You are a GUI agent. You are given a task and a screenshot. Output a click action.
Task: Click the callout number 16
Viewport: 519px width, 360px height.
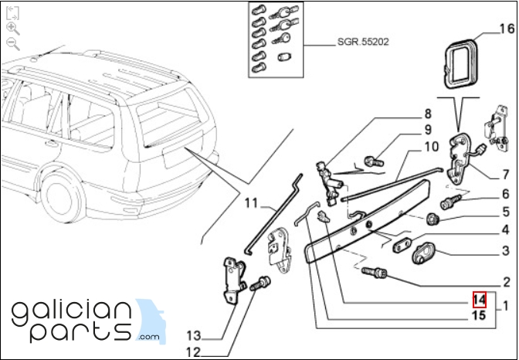tap(506, 30)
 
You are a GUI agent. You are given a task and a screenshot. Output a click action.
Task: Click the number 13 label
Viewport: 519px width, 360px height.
tap(192, 336)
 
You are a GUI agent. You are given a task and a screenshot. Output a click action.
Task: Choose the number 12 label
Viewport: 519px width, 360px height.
tap(192, 352)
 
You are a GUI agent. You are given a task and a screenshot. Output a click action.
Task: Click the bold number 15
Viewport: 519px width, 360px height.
tap(480, 315)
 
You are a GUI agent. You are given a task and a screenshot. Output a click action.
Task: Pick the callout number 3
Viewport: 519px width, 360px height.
tap(505, 250)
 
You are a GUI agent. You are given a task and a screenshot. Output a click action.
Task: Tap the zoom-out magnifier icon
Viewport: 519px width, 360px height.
tap(12, 44)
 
